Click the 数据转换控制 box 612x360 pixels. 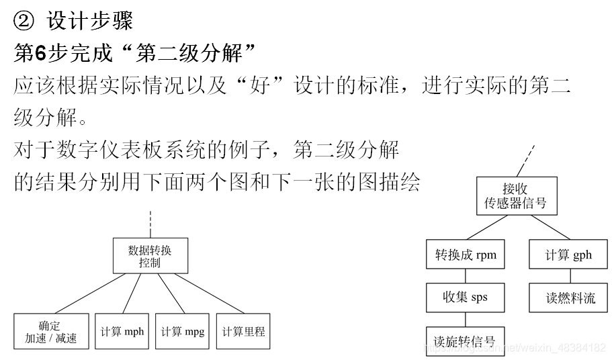point(150,257)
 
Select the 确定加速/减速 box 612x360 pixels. point(51,331)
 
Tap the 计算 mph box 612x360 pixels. point(122,331)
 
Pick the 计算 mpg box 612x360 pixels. point(183,331)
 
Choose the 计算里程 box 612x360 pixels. point(243,331)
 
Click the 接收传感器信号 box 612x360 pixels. point(516,196)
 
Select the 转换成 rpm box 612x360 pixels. point(466,255)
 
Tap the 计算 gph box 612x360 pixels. point(568,255)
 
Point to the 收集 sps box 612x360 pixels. point(465,297)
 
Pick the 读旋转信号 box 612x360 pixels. point(465,339)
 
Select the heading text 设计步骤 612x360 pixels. point(89,21)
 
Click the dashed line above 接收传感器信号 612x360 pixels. point(527,160)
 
